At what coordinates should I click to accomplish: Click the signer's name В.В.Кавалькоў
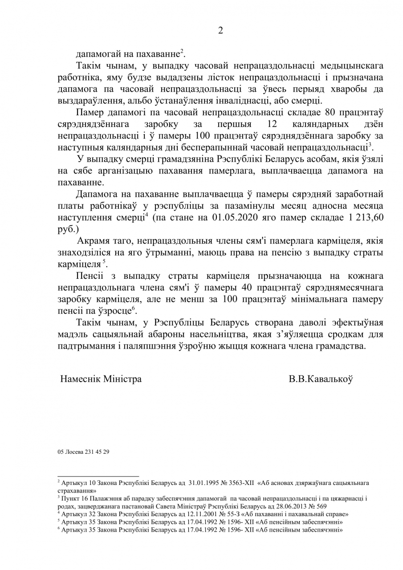tap(321, 379)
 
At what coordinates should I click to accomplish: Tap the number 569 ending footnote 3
tap(322, 506)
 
